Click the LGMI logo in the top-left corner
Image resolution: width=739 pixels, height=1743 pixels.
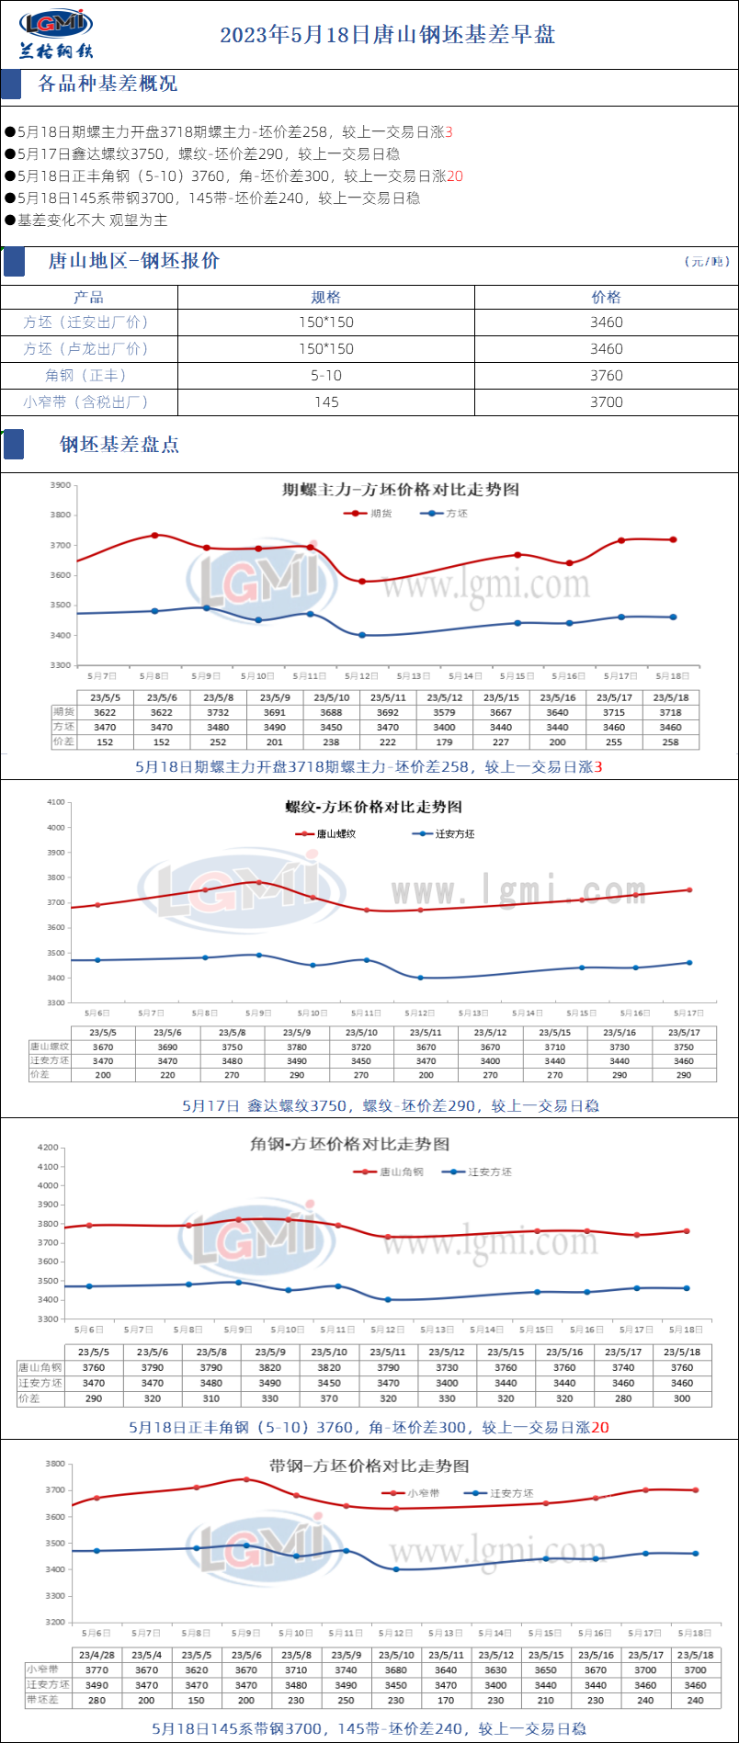point(56,33)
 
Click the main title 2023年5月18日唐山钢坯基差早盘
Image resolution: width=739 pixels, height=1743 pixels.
point(387,35)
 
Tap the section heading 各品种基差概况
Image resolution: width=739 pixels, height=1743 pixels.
point(108,84)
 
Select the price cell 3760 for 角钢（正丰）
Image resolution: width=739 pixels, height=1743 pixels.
point(606,375)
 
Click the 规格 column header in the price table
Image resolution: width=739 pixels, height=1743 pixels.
point(326,297)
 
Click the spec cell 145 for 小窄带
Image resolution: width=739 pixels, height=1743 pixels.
point(326,402)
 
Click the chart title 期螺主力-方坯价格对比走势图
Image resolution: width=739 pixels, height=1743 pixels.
point(400,490)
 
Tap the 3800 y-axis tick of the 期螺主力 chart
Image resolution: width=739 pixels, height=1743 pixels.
point(61,515)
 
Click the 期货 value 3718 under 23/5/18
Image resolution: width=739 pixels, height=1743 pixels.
point(670,712)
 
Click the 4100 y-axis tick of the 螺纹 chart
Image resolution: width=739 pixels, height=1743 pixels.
point(55,802)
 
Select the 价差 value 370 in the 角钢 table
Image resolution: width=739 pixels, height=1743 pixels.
point(329,1398)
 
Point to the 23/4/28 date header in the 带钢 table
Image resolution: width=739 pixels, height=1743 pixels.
point(97,1655)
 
